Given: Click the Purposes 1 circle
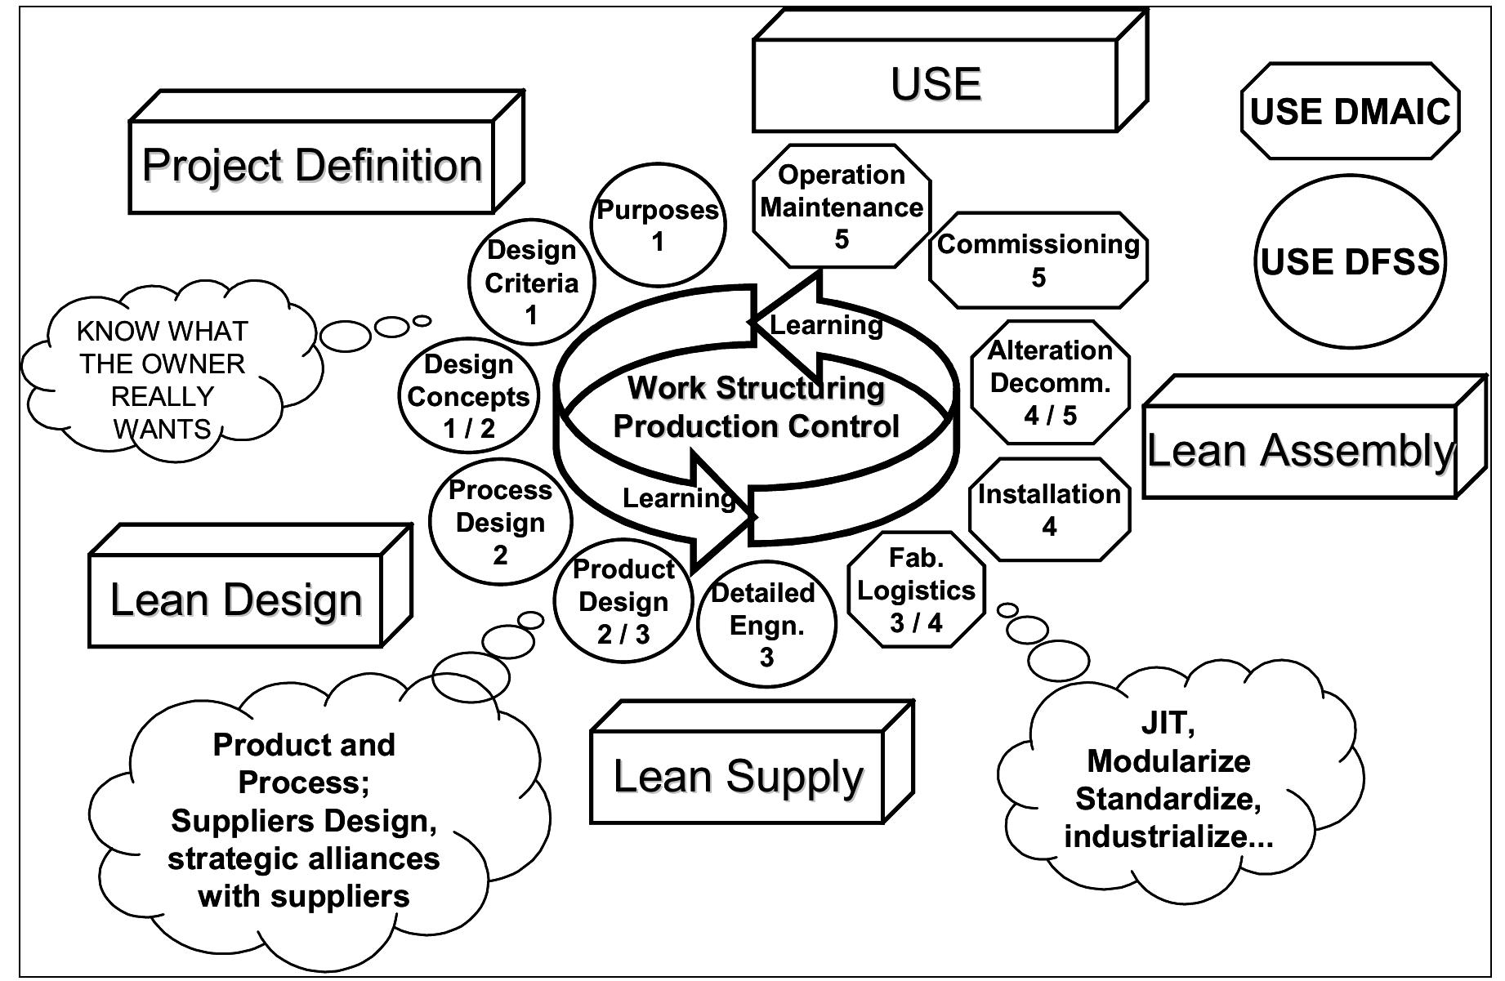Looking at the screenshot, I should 658,225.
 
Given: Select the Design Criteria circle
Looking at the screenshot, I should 531,283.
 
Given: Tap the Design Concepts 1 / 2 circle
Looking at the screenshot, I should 468,396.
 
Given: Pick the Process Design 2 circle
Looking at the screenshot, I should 500,522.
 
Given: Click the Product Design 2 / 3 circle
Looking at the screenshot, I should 623,601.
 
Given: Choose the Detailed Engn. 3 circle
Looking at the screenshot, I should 766,625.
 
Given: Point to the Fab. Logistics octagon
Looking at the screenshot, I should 916,591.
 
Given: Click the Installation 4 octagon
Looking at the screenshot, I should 1049,510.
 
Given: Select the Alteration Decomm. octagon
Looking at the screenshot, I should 1050,382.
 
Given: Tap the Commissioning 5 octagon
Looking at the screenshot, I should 1038,260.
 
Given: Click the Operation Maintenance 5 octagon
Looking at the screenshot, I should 842,207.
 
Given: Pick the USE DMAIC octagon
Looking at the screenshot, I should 1350,112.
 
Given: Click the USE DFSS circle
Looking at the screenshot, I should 1350,261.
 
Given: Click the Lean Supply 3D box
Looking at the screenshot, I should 737,776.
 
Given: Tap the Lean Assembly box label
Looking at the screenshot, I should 1300,451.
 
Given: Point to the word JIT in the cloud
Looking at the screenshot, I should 1168,724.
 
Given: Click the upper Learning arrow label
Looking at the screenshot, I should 826,325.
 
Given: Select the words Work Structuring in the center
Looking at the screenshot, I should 756,388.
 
